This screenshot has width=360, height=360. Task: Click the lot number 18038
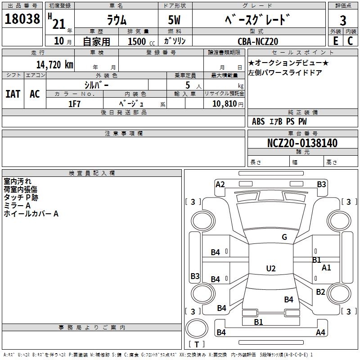point(22,18)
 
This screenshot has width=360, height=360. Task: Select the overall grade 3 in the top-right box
point(343,20)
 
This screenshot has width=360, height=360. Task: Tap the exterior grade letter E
point(335,41)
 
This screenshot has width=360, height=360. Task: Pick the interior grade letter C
point(350,41)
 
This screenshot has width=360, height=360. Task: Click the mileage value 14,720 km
point(54,64)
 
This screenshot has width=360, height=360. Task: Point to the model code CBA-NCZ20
point(258,41)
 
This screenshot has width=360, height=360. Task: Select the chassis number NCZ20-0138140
point(302,143)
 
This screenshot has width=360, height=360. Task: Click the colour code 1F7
point(74,104)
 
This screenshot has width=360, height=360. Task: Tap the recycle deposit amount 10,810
point(224,104)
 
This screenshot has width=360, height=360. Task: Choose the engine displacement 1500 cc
point(141,41)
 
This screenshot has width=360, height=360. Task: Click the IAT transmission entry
point(13,94)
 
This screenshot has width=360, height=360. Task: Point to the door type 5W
point(174,20)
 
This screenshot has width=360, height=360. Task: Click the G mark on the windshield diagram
point(284,237)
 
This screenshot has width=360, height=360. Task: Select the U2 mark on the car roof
point(271,268)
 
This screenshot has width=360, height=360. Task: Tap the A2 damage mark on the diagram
point(220,184)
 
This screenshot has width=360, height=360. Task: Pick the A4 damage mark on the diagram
point(320,332)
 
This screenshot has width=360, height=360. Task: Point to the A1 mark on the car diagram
point(326,267)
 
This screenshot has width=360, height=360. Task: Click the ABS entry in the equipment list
point(258,121)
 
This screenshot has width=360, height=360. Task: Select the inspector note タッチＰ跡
point(21,198)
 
